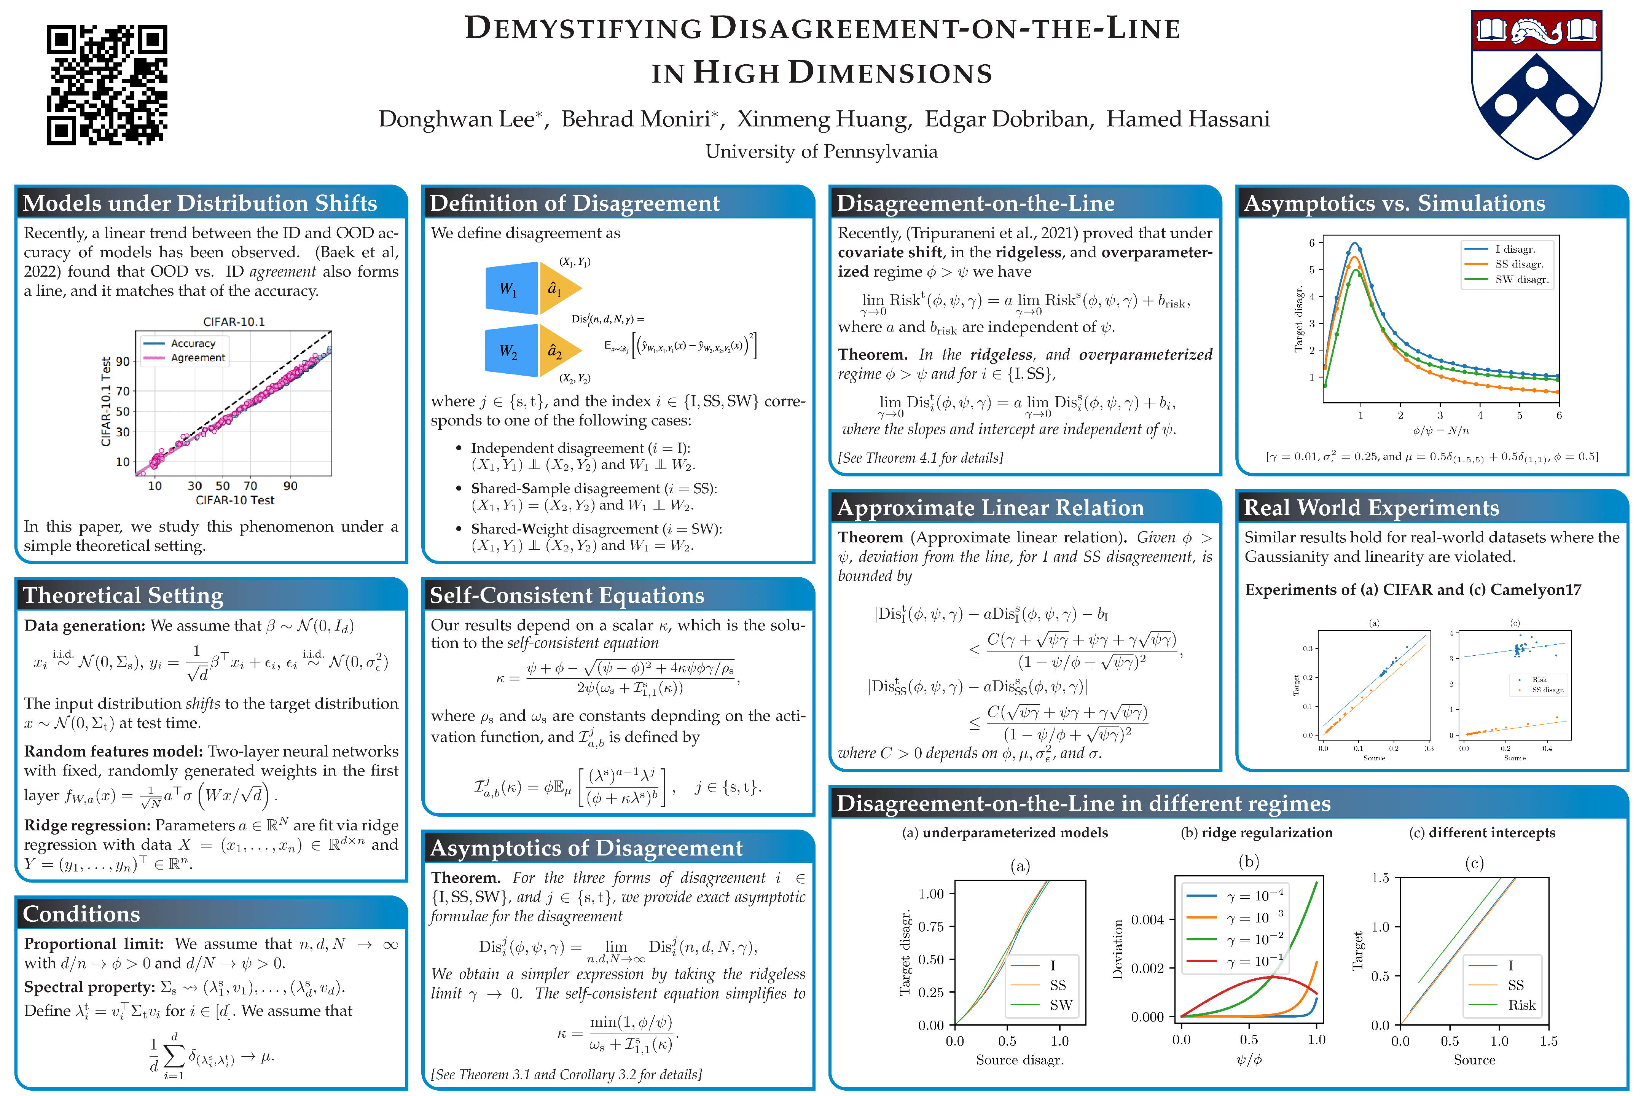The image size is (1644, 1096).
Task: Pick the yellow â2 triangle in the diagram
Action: (557, 351)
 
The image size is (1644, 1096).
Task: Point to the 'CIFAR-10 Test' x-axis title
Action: (235, 500)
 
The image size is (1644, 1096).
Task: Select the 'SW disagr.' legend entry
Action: (1522, 280)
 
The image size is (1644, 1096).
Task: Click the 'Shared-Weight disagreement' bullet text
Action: (596, 529)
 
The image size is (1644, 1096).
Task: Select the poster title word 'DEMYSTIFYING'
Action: (584, 29)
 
